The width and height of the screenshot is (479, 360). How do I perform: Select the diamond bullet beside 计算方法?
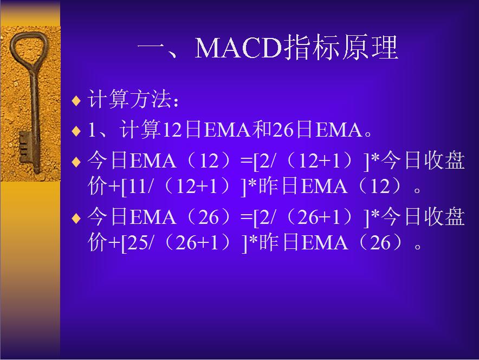click(x=76, y=101)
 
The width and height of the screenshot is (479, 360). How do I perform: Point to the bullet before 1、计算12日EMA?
click(x=76, y=131)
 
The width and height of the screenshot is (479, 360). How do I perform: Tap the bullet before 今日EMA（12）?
click(x=76, y=161)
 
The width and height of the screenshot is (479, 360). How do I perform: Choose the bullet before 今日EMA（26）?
click(x=76, y=218)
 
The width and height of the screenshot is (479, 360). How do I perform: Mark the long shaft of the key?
click(x=34, y=108)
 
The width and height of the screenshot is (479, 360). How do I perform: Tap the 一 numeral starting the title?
click(x=157, y=49)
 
